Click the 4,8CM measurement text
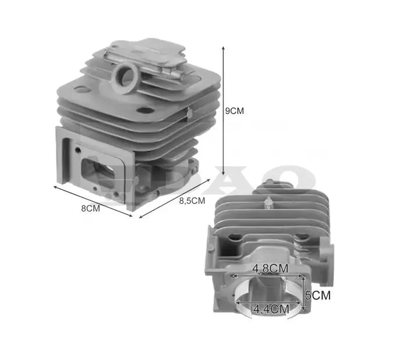point(270,269)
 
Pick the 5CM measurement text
point(318,295)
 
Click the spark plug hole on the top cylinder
point(126,75)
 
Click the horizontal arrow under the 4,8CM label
point(267,276)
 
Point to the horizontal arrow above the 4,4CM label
point(267,303)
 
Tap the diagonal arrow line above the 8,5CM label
point(174,198)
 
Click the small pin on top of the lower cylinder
point(268,203)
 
